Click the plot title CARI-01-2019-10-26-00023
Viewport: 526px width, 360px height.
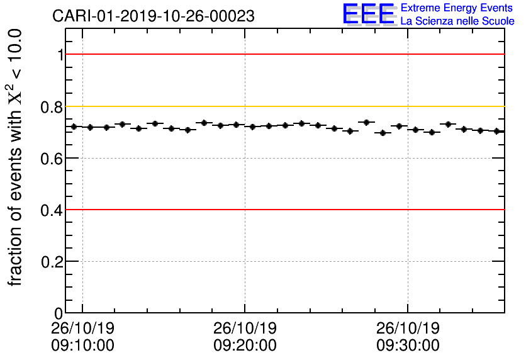pos(154,16)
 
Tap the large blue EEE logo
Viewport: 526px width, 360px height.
pos(369,14)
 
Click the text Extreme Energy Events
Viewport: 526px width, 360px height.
pos(457,8)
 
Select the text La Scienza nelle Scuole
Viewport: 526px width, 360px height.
pos(457,21)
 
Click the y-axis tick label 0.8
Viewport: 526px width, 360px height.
pos(52,106)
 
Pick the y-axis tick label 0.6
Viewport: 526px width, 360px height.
pos(52,158)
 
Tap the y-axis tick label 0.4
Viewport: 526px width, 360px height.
pos(52,210)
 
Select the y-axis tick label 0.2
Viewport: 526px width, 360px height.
pos(52,261)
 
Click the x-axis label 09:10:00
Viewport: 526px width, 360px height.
pos(82,346)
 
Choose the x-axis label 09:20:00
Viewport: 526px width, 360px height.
pos(245,346)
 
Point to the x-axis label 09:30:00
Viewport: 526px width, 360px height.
pos(408,346)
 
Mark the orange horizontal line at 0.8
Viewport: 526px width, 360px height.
pos(283,106)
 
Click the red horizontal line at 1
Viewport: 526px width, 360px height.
pos(283,54)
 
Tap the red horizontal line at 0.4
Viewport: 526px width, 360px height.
pos(283,210)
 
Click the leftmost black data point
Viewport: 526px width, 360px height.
pos(74,127)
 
